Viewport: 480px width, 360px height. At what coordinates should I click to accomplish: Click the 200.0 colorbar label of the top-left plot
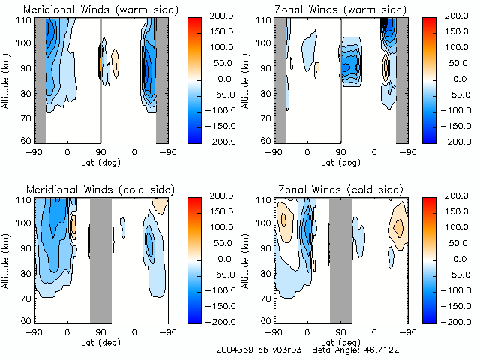coord(221,15)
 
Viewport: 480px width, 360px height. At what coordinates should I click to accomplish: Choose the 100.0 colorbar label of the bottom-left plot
coord(221,226)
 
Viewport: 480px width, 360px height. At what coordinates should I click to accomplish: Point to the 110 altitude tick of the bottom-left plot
coord(26,201)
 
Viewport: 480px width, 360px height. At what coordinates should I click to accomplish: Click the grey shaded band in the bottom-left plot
coord(100,259)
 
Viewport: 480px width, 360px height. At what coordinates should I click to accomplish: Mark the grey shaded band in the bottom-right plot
coord(340,259)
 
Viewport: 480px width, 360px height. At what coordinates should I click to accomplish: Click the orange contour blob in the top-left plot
coord(115,61)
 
